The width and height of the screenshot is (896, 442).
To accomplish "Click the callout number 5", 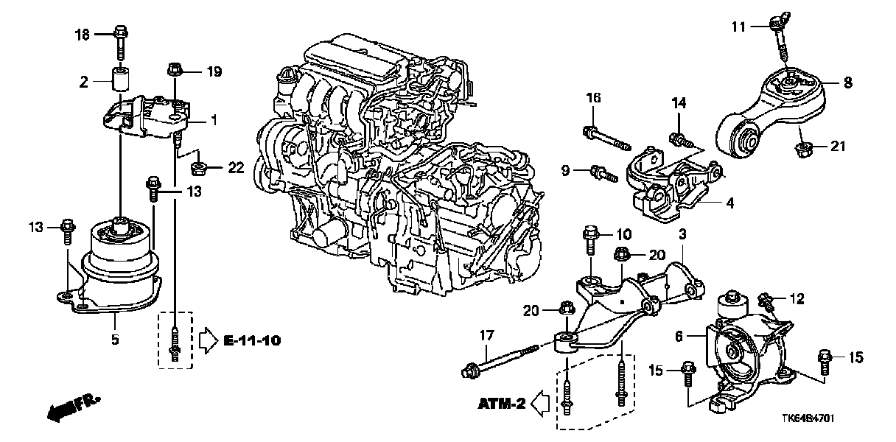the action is (115, 340).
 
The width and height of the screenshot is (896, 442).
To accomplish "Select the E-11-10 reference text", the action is (251, 340).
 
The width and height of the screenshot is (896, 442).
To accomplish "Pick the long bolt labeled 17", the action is (501, 362).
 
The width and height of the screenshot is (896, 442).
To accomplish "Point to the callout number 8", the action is (848, 83).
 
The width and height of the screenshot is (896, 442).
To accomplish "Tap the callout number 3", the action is (682, 234).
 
